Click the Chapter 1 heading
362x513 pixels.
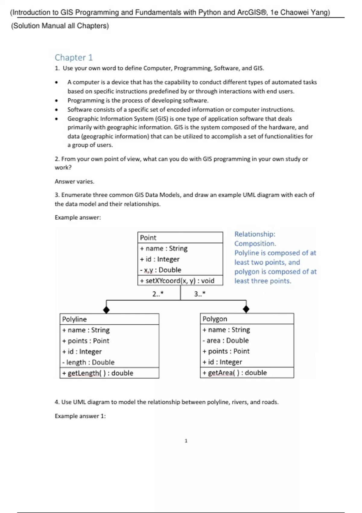[x=74, y=57]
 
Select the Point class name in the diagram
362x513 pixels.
[x=148, y=238]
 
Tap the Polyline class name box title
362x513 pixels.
[x=75, y=319]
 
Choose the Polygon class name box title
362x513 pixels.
[x=215, y=319]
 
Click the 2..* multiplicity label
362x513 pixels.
[x=158, y=294]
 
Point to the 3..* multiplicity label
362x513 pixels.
[x=200, y=294]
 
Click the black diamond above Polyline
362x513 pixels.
[x=106, y=310]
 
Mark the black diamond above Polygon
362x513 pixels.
[x=246, y=309]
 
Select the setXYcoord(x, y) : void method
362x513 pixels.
[x=177, y=281]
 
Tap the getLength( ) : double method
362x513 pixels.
[x=98, y=373]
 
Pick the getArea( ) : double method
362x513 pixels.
[x=235, y=373]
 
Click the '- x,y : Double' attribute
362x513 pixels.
[x=161, y=270]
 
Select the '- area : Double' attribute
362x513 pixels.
[x=226, y=340]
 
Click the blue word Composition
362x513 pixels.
[x=255, y=244]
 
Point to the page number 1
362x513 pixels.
[x=186, y=441]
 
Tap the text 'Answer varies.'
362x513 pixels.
[x=75, y=181]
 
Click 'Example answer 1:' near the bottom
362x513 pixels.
[x=80, y=416]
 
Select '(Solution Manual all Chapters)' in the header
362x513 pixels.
[x=60, y=26]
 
